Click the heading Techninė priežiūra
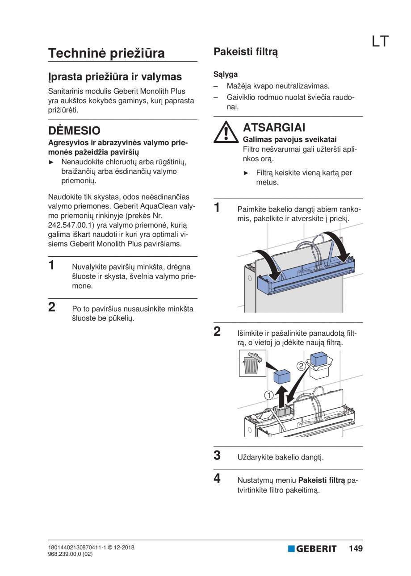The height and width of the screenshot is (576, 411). (106, 53)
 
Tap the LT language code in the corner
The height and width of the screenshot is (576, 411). (380, 42)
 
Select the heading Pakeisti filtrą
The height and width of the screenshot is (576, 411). (246, 52)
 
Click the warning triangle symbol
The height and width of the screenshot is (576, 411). (226, 132)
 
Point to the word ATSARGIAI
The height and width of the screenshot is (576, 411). (274, 128)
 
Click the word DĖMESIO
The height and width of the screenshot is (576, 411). (74, 131)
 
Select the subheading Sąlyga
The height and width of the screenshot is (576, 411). (226, 74)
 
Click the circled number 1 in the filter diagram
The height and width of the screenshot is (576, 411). (268, 395)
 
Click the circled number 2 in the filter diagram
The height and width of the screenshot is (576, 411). (301, 366)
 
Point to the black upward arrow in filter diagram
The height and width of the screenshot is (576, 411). (281, 396)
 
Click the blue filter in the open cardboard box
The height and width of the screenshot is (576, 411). (319, 359)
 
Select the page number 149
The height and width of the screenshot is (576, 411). (356, 549)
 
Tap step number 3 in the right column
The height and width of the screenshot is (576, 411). (217, 455)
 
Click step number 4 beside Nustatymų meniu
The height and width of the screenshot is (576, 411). (217, 479)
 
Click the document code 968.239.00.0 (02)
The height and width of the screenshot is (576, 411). (70, 554)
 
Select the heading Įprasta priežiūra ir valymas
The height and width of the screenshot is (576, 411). (115, 76)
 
